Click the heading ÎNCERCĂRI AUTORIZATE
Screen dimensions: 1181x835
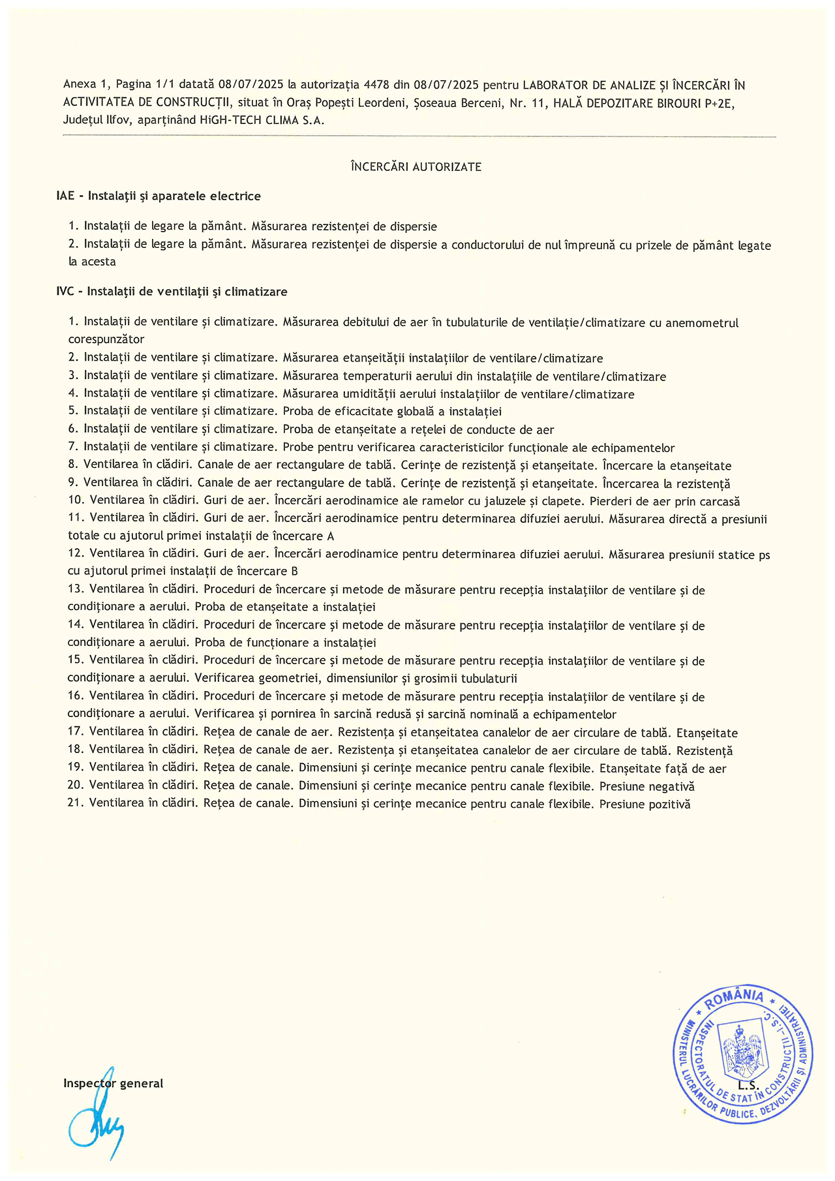[x=416, y=167]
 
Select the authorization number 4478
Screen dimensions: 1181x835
[x=376, y=85]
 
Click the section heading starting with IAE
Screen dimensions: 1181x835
[x=159, y=196]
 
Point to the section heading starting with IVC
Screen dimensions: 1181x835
[x=172, y=292]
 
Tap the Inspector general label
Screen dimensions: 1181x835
[x=113, y=1083]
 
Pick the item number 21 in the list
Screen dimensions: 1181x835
[x=76, y=804]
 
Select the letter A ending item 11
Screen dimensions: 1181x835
[x=330, y=536]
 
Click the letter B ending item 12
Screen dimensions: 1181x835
[x=294, y=571]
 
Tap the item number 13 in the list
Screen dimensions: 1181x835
[x=76, y=590]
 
